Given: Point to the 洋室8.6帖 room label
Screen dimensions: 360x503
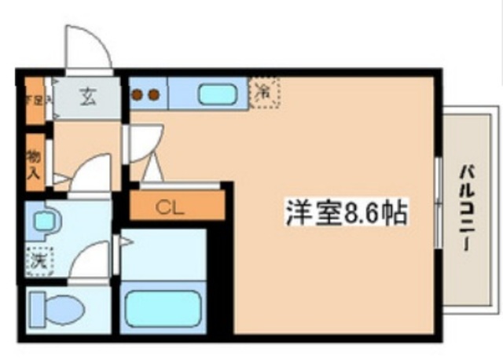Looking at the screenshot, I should (x=346, y=213).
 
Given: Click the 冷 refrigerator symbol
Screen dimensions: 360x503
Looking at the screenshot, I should (x=265, y=92).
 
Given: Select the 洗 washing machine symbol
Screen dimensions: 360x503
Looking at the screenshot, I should (x=37, y=259).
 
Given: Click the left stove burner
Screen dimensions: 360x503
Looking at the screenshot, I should (x=138, y=95).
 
